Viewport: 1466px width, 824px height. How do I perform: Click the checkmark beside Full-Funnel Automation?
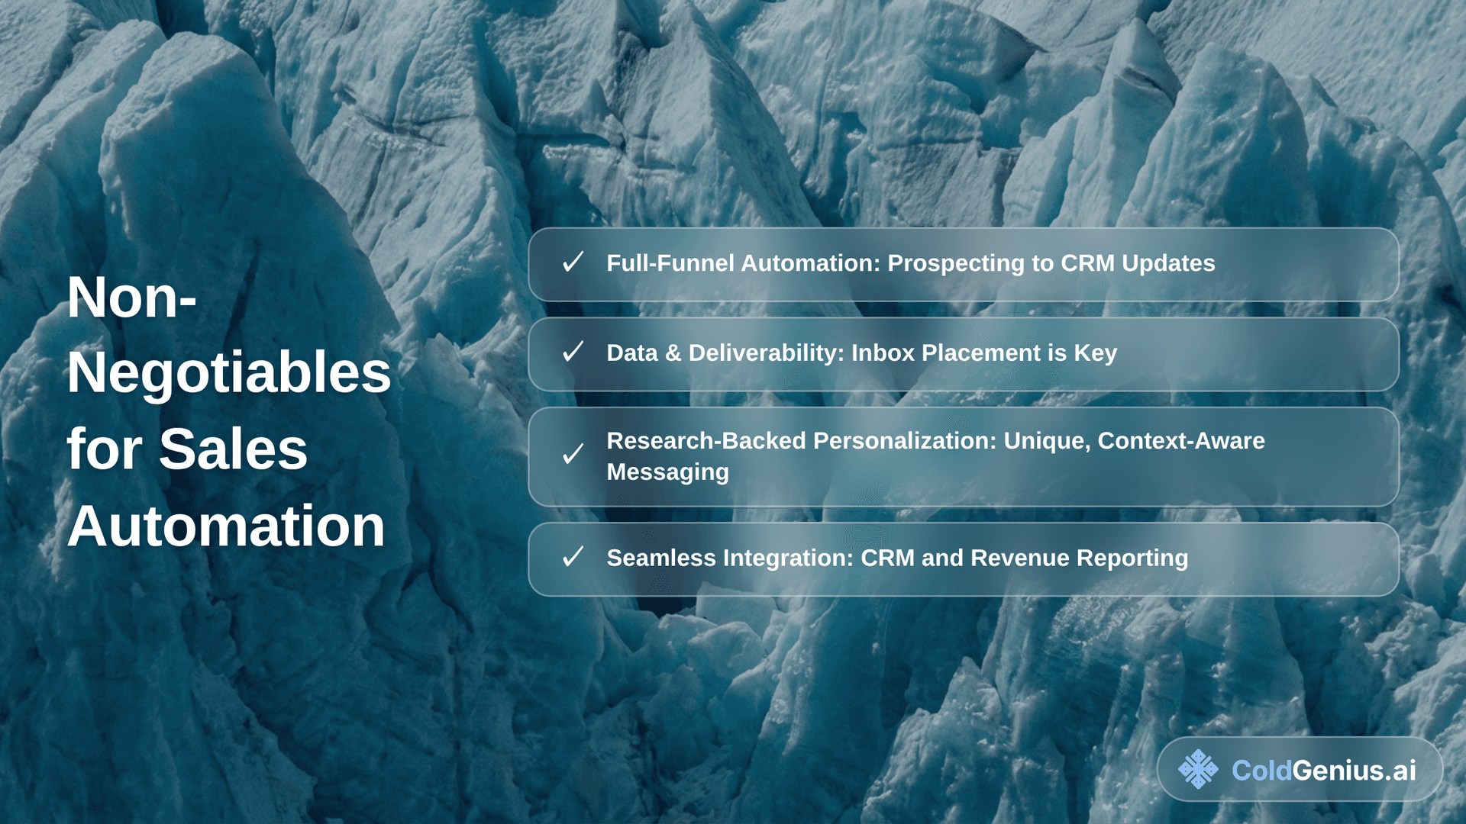click(x=573, y=262)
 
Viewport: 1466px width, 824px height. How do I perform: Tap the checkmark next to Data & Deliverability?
click(x=573, y=352)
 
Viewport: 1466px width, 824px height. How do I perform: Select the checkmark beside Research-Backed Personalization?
click(x=573, y=454)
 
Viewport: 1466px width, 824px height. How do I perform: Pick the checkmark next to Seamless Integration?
click(x=573, y=556)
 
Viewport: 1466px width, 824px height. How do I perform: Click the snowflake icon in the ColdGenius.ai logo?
click(x=1198, y=769)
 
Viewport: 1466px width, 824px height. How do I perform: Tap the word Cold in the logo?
click(x=1261, y=771)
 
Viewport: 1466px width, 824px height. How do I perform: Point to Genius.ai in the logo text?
click(x=1355, y=771)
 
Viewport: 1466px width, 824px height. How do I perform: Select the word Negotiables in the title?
click(x=229, y=373)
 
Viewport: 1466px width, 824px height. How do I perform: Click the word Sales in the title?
click(x=233, y=449)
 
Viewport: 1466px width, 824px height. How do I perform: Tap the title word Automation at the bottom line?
click(x=226, y=526)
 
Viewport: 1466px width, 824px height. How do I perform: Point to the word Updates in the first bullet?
click(x=1168, y=264)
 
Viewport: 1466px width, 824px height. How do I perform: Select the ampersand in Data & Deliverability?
click(x=673, y=353)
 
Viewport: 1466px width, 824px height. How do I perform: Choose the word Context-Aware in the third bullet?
click(x=1181, y=440)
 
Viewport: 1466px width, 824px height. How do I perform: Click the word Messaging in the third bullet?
click(x=668, y=473)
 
